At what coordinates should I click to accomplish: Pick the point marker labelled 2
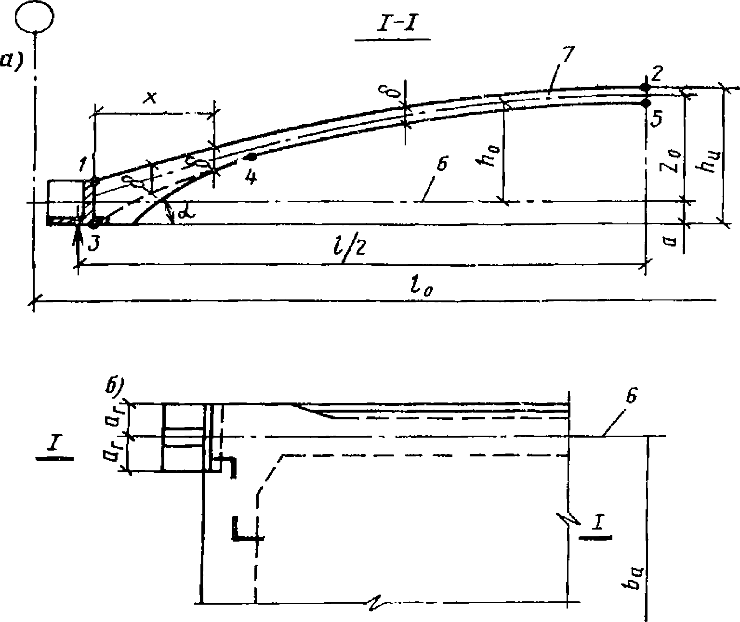coord(645,87)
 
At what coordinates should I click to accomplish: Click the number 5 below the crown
coord(655,117)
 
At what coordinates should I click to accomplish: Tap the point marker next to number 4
coord(250,157)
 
